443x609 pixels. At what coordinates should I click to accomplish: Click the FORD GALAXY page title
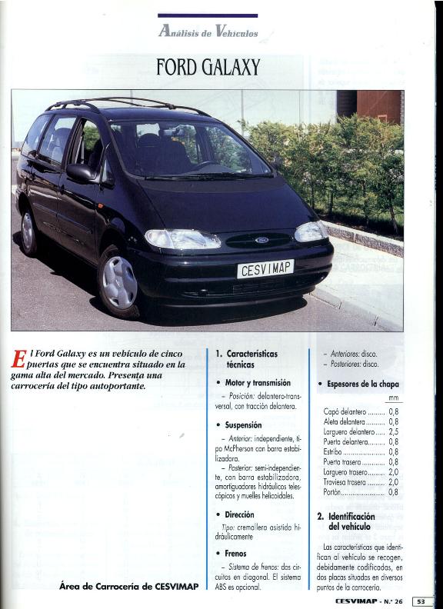pos(208,68)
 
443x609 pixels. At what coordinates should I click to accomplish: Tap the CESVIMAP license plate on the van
pos(265,269)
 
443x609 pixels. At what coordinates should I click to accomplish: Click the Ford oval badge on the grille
pos(261,241)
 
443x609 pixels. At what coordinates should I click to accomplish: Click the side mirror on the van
pos(80,173)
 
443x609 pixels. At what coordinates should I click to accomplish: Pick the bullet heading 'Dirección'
pos(240,514)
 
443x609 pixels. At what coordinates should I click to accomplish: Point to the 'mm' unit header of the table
pos(394,398)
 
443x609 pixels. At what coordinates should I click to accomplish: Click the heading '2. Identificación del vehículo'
pos(350,521)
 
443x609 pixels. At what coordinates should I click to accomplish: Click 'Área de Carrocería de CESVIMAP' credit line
pos(128,586)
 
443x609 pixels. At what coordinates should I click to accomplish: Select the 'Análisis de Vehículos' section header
pos(208,32)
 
